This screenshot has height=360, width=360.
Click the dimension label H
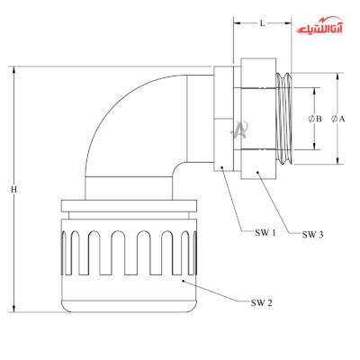13,190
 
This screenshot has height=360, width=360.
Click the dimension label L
263,23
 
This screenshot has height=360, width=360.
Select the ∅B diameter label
315,119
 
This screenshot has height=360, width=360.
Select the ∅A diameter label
338,119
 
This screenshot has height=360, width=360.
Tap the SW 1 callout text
265,233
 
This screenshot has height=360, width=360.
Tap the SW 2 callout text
262,303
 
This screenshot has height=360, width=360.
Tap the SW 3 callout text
312,235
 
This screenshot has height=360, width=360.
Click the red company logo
319,27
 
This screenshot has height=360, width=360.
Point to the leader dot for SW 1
221,167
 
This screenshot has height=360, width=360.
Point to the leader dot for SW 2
184,281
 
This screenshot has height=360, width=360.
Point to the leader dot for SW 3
257,172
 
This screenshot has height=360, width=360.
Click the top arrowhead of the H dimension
13,69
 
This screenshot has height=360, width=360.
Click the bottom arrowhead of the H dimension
13,309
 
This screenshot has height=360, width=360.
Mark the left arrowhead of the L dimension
237,22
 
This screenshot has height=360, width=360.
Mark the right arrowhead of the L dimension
288,22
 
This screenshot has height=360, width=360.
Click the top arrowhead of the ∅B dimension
314,91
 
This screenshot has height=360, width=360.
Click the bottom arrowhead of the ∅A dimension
337,161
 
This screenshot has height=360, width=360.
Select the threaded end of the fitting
283,119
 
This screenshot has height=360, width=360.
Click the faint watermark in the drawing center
239,130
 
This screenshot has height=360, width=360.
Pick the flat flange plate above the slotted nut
129,206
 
